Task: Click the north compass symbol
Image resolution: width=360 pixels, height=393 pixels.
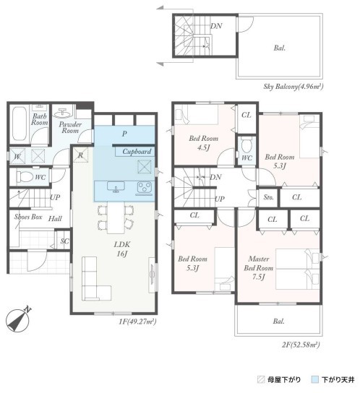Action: click(17, 320)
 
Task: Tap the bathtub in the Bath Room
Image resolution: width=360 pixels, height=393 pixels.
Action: click(19, 124)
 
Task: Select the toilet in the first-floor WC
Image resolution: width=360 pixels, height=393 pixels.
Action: click(25, 177)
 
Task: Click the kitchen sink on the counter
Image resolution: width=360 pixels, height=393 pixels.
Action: click(116, 187)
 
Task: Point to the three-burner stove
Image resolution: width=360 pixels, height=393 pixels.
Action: click(145, 189)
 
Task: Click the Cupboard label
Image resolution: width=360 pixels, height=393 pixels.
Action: click(137, 152)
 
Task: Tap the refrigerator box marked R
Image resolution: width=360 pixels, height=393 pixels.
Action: click(81, 155)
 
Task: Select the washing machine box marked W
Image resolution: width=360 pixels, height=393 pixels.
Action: click(17, 156)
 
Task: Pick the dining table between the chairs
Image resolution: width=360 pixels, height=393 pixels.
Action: click(116, 217)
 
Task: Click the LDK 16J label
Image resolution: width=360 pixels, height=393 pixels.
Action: click(122, 249)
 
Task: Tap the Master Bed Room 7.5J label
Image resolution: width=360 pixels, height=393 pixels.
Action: click(258, 268)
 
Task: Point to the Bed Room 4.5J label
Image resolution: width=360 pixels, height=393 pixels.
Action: click(203, 143)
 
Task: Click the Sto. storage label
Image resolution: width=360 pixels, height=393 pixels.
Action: click(268, 197)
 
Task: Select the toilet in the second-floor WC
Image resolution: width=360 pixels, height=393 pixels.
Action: click(246, 145)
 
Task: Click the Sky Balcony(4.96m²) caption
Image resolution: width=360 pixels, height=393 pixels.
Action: click(293, 87)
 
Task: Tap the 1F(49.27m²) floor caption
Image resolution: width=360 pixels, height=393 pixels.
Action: click(137, 321)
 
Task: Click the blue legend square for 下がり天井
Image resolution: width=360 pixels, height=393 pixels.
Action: click(314, 379)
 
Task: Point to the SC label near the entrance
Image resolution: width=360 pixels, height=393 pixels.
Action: click(64, 241)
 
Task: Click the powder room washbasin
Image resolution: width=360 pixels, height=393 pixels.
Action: click(62, 113)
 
